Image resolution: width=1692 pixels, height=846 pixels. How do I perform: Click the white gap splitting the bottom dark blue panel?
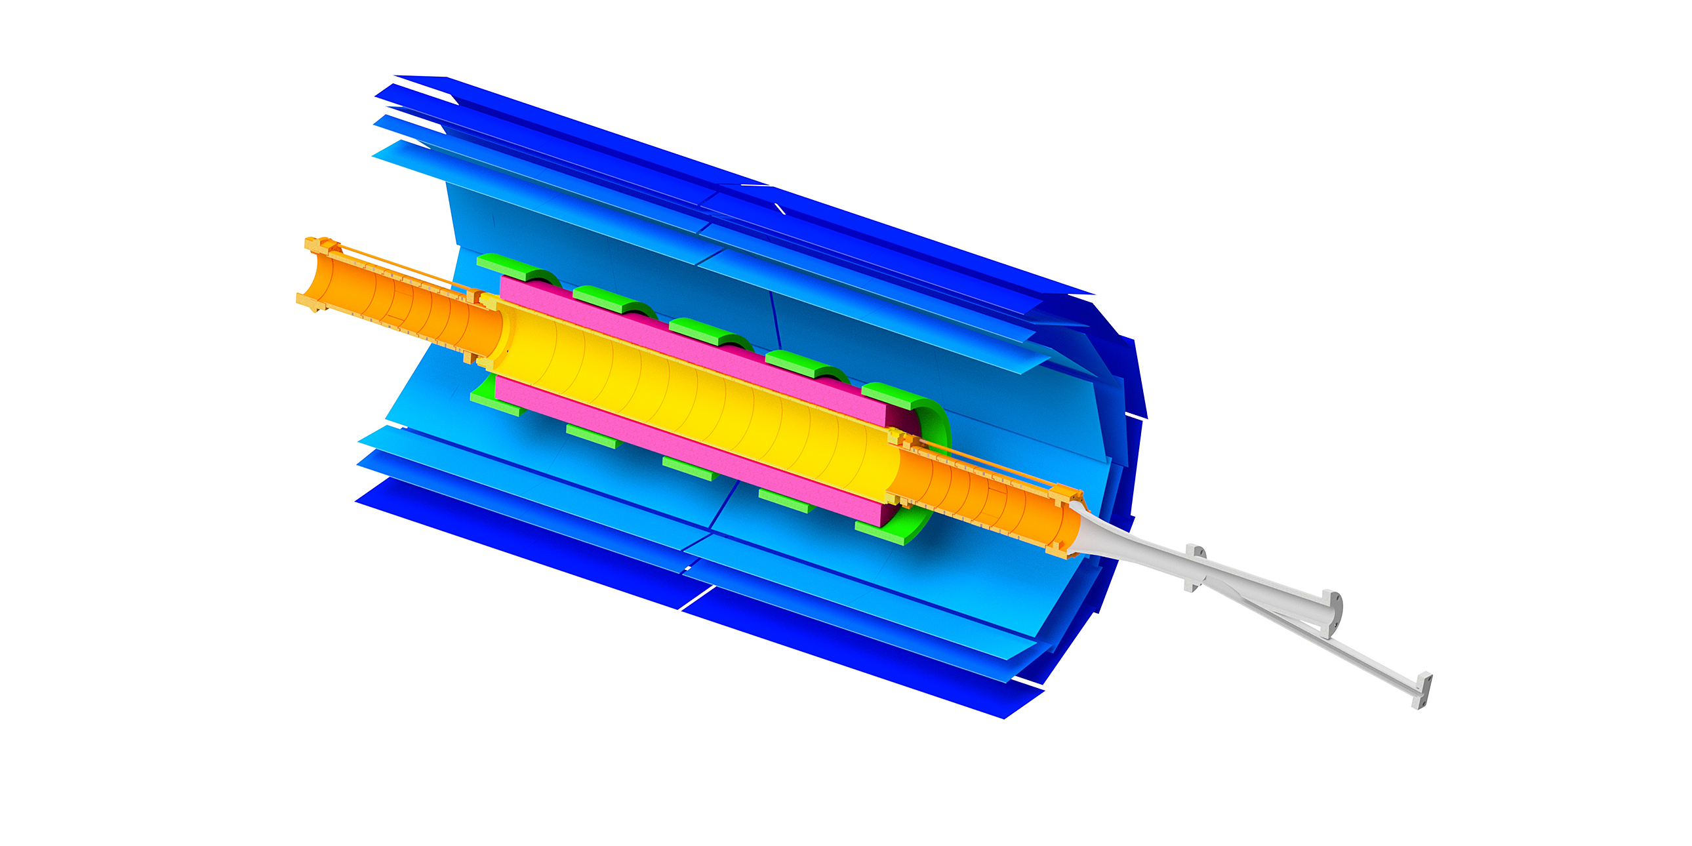(696, 597)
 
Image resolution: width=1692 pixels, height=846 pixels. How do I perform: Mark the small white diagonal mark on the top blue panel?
(780, 209)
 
